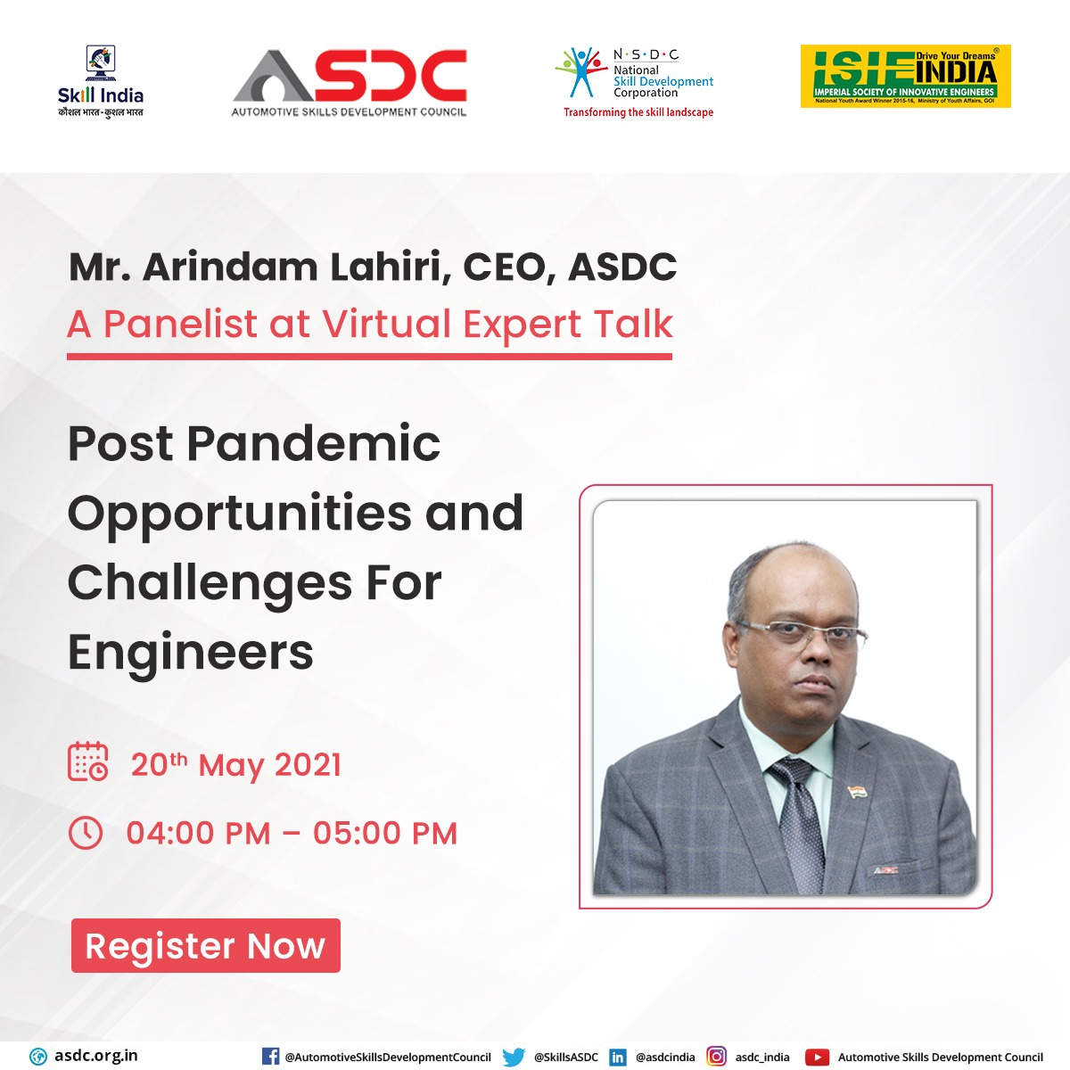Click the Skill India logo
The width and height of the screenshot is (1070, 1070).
(100, 82)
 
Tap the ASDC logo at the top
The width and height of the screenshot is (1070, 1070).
(350, 83)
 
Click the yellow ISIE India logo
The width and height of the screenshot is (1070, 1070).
(905, 77)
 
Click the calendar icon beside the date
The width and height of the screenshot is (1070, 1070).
(88, 762)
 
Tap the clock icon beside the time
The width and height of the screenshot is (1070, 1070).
(86, 833)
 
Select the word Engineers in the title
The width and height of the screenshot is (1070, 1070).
(191, 652)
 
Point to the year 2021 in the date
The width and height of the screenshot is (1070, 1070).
(308, 765)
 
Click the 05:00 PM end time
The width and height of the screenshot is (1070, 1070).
(385, 834)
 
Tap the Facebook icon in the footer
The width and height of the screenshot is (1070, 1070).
(270, 1057)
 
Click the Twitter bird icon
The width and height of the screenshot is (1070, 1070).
(514, 1057)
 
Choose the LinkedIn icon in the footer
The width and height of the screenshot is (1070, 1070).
(617, 1057)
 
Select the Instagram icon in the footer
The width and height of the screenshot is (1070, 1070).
(716, 1057)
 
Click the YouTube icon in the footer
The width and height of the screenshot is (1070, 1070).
(817, 1057)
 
